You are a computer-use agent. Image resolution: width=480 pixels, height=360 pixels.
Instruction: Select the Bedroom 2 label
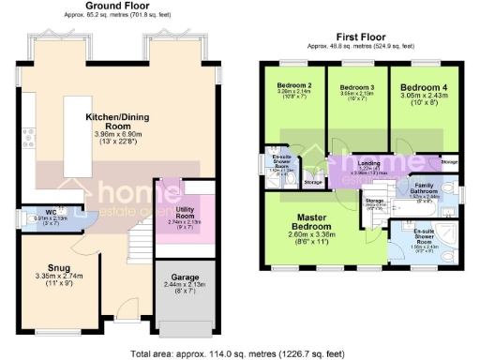coord(294,85)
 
